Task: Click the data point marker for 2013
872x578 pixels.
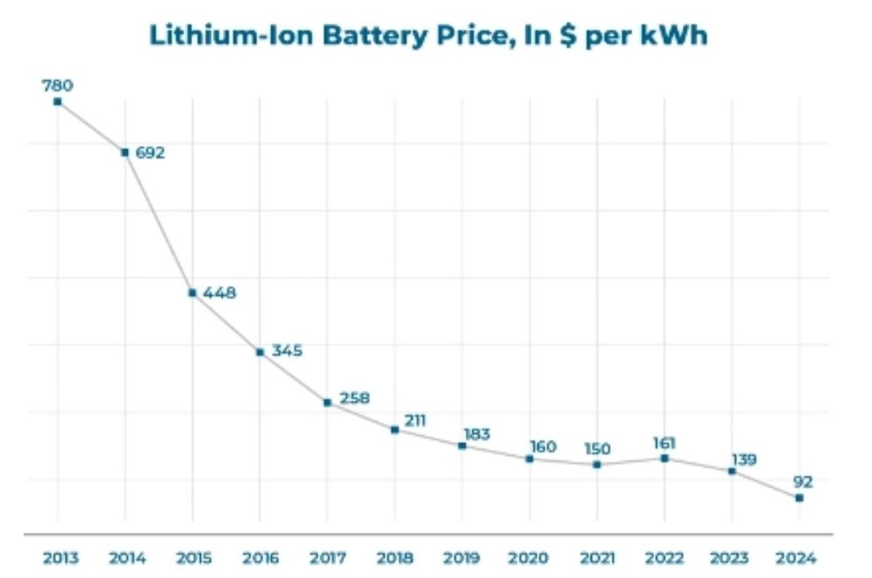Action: click(x=58, y=102)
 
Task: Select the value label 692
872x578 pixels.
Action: click(x=150, y=153)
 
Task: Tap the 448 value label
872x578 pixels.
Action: click(x=219, y=293)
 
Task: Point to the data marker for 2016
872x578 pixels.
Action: click(x=260, y=352)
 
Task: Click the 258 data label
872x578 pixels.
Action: click(x=354, y=398)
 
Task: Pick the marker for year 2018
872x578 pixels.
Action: click(x=395, y=430)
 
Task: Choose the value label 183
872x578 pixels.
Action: click(x=477, y=433)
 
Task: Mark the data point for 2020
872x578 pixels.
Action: click(x=529, y=459)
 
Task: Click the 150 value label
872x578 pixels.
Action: click(x=597, y=449)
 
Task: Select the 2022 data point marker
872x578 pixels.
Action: click(x=664, y=459)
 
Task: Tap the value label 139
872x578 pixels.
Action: click(x=744, y=459)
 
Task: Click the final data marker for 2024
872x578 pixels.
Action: click(x=799, y=498)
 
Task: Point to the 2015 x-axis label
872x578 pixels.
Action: click(x=193, y=558)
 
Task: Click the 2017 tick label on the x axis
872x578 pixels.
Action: click(x=327, y=558)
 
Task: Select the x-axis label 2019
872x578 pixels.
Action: click(x=462, y=558)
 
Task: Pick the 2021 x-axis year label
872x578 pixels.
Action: click(x=597, y=558)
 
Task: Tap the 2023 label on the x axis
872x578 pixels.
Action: click(x=732, y=558)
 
